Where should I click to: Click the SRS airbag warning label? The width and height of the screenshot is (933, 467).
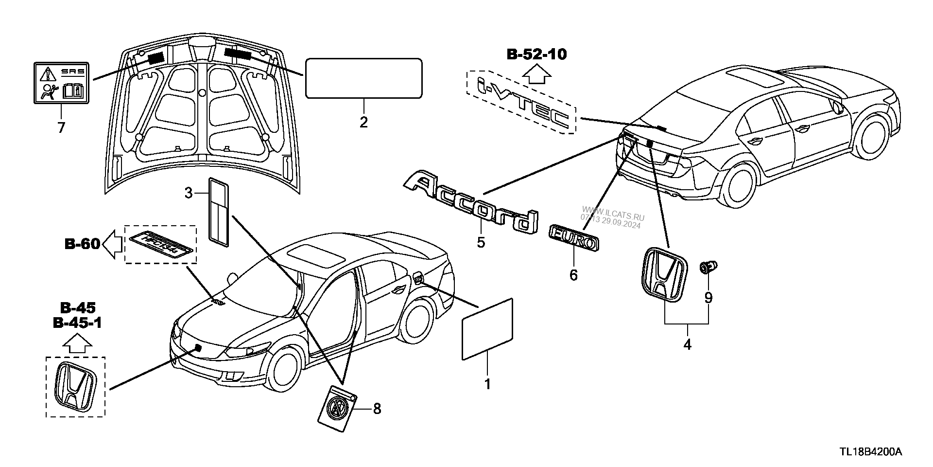coord(62,83)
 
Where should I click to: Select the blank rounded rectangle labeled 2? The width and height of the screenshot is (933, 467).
coord(363,78)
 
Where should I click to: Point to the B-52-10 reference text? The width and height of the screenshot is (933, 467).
coord(536,54)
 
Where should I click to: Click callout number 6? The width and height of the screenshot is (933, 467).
coord(573,275)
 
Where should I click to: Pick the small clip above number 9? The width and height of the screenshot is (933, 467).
coord(708,267)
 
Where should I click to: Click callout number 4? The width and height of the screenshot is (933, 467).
coord(687,344)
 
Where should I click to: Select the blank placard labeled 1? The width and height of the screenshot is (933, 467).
coord(487,329)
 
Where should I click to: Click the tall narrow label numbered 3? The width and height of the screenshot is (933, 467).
coord(219,209)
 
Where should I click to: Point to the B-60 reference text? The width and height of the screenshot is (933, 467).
coord(82,244)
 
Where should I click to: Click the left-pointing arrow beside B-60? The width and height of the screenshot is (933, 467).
coord(112,244)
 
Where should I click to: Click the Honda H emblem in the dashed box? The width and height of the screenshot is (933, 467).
coord(75,386)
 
